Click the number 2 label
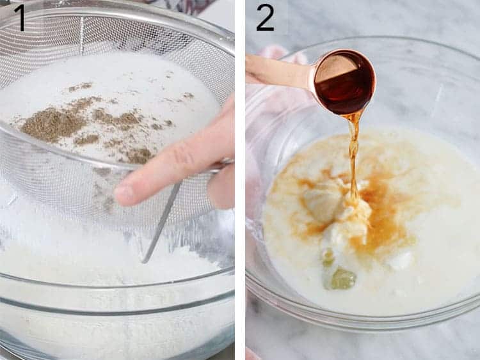[266, 17]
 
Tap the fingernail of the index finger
[124, 191]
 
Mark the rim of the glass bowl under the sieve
[115, 285]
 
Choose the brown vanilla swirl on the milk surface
[384, 217]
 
